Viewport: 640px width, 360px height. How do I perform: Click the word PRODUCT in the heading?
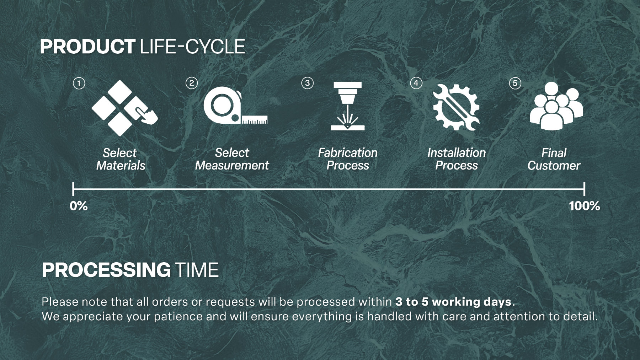[x=87, y=47]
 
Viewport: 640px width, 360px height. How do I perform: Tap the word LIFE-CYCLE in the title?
[x=193, y=47]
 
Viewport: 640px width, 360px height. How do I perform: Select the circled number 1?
[x=79, y=84]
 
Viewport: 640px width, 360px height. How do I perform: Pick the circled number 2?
[x=192, y=83]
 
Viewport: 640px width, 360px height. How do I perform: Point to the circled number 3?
[x=308, y=83]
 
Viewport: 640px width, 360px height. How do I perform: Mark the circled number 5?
[x=515, y=84]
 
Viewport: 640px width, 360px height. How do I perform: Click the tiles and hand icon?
[x=124, y=108]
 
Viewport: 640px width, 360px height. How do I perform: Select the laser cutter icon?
[x=348, y=106]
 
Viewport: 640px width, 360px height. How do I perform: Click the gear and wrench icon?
[x=456, y=107]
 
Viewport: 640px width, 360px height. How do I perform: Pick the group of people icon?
[x=556, y=106]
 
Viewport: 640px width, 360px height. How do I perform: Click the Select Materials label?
[x=121, y=159]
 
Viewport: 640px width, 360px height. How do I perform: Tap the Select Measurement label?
[x=232, y=159]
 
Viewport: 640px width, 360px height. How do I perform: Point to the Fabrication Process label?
[x=348, y=159]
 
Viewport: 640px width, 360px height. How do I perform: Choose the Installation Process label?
[x=457, y=159]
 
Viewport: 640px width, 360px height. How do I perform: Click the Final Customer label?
[x=554, y=159]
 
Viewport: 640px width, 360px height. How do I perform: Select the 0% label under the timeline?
[x=79, y=206]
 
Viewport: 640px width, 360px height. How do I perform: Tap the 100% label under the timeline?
[x=585, y=206]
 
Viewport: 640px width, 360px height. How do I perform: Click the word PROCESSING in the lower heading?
[x=106, y=270]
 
